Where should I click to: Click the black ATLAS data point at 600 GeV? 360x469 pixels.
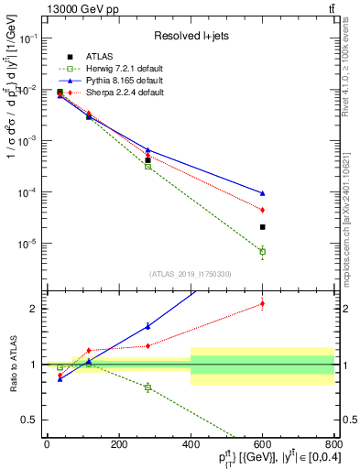pyautogui.click(x=262, y=227)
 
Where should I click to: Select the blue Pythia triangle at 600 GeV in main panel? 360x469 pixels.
pyautogui.click(x=262, y=193)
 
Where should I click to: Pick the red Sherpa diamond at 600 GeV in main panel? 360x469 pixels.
pyautogui.click(x=262, y=210)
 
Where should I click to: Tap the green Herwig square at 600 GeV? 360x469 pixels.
pyautogui.click(x=262, y=251)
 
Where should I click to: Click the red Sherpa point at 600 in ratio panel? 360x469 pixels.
pyautogui.click(x=262, y=303)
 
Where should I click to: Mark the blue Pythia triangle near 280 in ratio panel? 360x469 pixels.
pyautogui.click(x=147, y=326)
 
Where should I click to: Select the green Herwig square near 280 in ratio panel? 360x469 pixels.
pyautogui.click(x=147, y=387)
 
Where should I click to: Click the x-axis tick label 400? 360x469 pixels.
pyautogui.click(x=191, y=444)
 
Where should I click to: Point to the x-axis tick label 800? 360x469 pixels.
pyautogui.click(x=333, y=444)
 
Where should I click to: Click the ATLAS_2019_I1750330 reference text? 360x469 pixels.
pyautogui.click(x=190, y=274)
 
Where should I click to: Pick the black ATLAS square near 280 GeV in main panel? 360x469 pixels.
pyautogui.click(x=147, y=160)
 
